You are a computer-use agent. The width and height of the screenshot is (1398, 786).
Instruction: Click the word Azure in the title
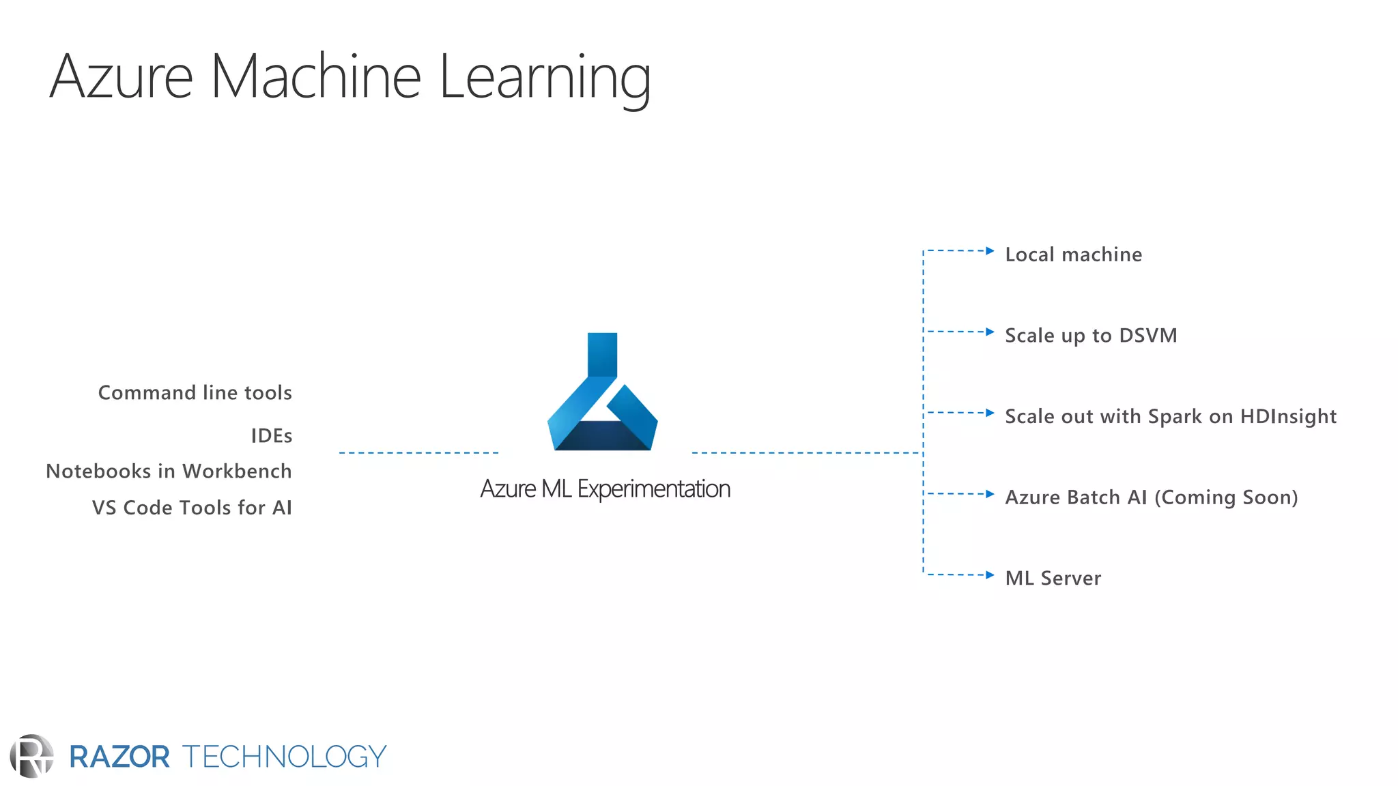tap(122, 76)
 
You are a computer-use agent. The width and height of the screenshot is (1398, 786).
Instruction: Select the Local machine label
tap(1073, 254)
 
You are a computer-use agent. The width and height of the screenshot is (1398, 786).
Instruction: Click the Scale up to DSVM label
tap(1091, 336)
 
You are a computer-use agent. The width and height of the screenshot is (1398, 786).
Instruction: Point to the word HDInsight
tap(1288, 416)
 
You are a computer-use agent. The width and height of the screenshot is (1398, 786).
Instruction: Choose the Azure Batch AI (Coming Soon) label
tap(1151, 497)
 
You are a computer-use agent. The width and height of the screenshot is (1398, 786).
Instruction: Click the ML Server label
tap(1053, 579)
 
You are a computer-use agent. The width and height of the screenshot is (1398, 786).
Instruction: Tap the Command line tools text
tap(195, 393)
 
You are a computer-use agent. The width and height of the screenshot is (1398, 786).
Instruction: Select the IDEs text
tap(271, 436)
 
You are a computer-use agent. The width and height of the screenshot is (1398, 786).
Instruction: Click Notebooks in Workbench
tap(169, 471)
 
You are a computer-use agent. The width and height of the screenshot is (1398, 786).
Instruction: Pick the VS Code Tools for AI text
tap(192, 508)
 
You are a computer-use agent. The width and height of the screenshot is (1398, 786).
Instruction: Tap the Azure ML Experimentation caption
tap(605, 489)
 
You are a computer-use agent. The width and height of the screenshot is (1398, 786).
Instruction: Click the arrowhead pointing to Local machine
tap(990, 251)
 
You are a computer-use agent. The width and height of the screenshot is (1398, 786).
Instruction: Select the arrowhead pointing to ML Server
tap(990, 575)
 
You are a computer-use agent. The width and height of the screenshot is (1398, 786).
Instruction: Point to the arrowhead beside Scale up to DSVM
tap(990, 332)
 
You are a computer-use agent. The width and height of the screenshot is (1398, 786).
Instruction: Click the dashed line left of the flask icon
tap(418, 453)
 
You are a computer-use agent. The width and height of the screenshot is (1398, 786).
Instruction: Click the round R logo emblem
tap(31, 756)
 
